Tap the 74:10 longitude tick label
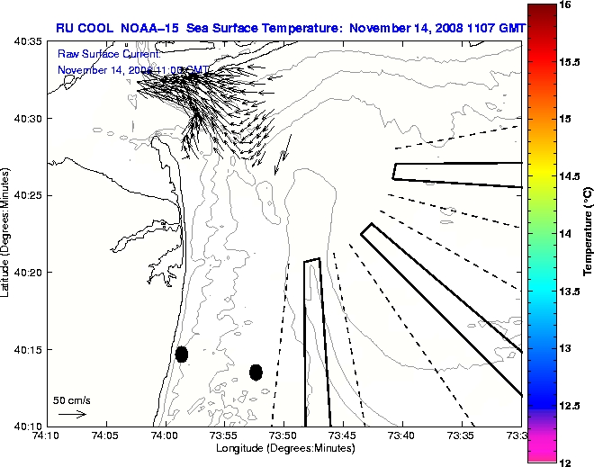[x=46, y=436]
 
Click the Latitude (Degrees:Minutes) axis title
[x=8, y=234]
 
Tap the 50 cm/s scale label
[x=72, y=400]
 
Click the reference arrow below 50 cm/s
[x=72, y=414]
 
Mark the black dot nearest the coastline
[x=182, y=354]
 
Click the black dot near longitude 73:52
[x=256, y=372]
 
